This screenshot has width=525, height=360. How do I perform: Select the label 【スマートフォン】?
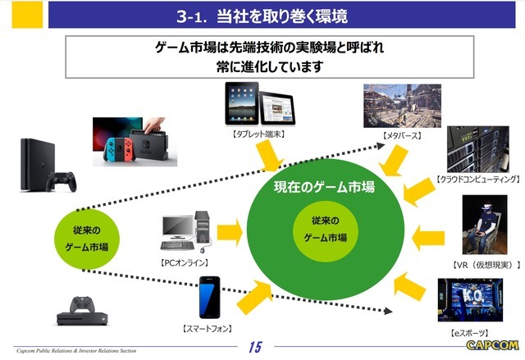click(x=208, y=328)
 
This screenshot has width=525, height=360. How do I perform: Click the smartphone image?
click(x=209, y=298)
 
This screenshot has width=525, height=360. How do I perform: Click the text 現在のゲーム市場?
click(x=324, y=188)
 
